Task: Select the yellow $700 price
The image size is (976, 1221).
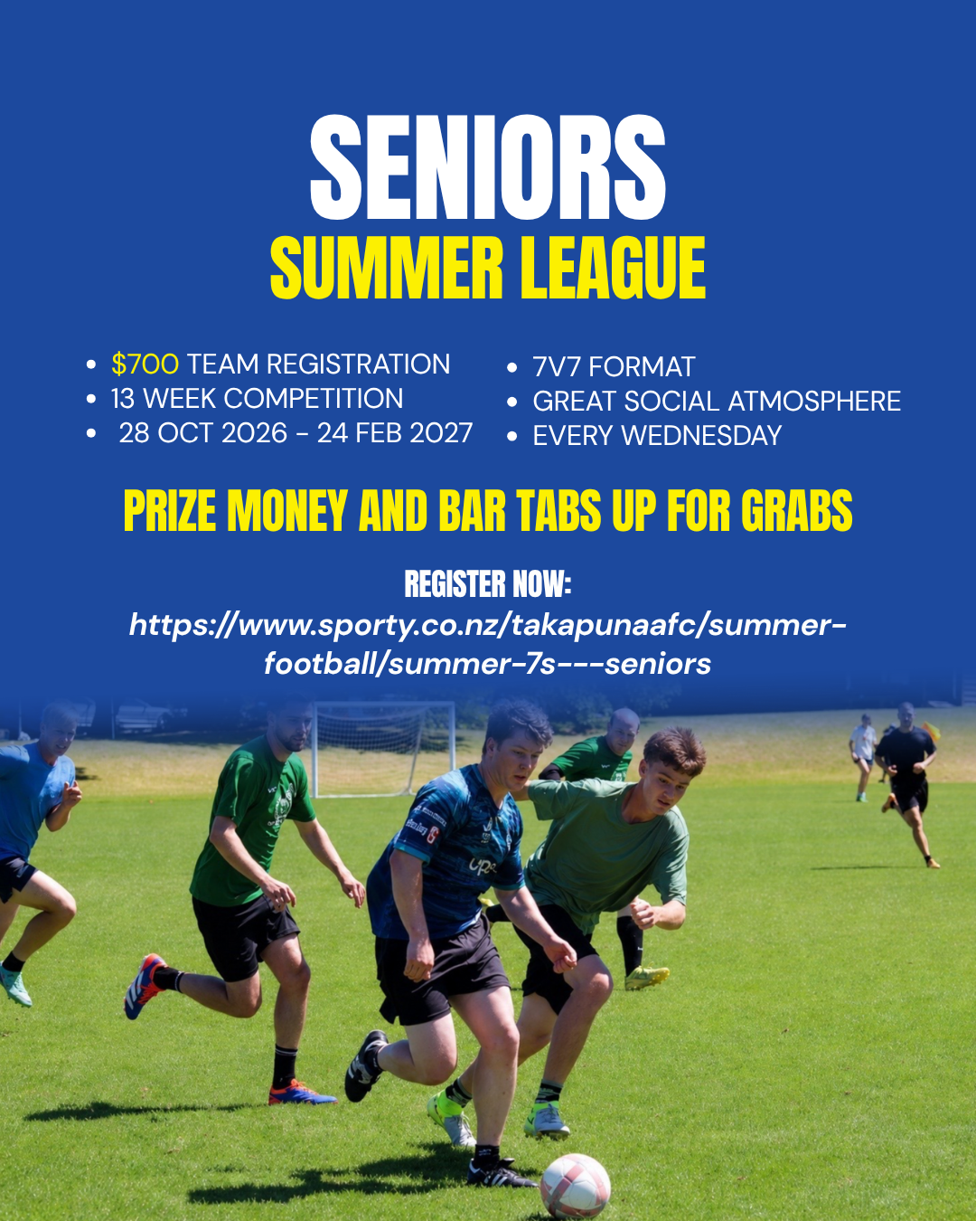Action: click(145, 364)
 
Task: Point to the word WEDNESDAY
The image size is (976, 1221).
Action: click(701, 436)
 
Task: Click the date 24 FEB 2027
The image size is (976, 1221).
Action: click(395, 433)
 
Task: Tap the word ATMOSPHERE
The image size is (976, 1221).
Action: click(814, 402)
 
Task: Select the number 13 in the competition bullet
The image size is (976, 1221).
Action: click(123, 399)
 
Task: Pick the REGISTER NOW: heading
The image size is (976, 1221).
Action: click(488, 584)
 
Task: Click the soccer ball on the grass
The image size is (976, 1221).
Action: click(575, 1186)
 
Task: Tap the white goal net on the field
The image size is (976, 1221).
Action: click(384, 748)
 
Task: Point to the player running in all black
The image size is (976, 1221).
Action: click(906, 783)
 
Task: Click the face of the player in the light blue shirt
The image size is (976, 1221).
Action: click(58, 733)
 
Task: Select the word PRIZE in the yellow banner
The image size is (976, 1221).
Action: click(170, 511)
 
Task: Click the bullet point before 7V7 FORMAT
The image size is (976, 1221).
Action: click(511, 368)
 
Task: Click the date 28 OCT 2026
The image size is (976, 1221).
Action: click(203, 433)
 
